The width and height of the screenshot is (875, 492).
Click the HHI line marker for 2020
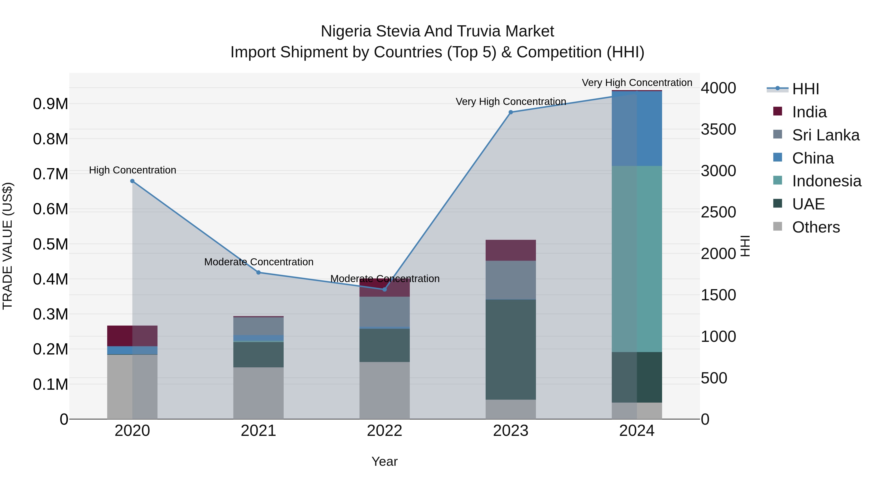(132, 181)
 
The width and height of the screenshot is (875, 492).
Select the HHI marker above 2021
(259, 272)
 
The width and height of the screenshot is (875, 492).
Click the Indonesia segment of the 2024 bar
(637, 259)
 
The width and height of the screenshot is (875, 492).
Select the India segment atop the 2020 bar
(132, 336)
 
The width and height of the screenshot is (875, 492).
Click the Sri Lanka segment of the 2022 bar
(385, 311)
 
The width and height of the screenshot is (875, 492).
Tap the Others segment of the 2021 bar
(259, 393)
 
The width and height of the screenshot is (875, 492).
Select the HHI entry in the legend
(805, 89)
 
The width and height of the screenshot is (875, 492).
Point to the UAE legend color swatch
(778, 203)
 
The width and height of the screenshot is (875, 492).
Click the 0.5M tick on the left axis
(50, 244)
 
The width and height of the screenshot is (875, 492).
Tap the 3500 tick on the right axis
(718, 129)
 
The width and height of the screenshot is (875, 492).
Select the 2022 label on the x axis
(385, 431)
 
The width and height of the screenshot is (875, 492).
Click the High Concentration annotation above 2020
(132, 170)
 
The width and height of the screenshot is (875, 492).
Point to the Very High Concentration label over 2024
(637, 83)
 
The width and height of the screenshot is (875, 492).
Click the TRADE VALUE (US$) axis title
(8, 246)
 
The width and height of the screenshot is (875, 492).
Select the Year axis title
(385, 461)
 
